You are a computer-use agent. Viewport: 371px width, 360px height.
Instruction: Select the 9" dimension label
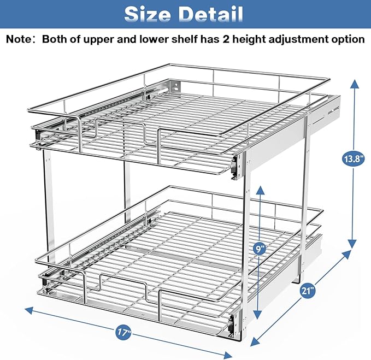261,249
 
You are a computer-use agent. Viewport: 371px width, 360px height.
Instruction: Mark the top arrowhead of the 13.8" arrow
355,84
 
